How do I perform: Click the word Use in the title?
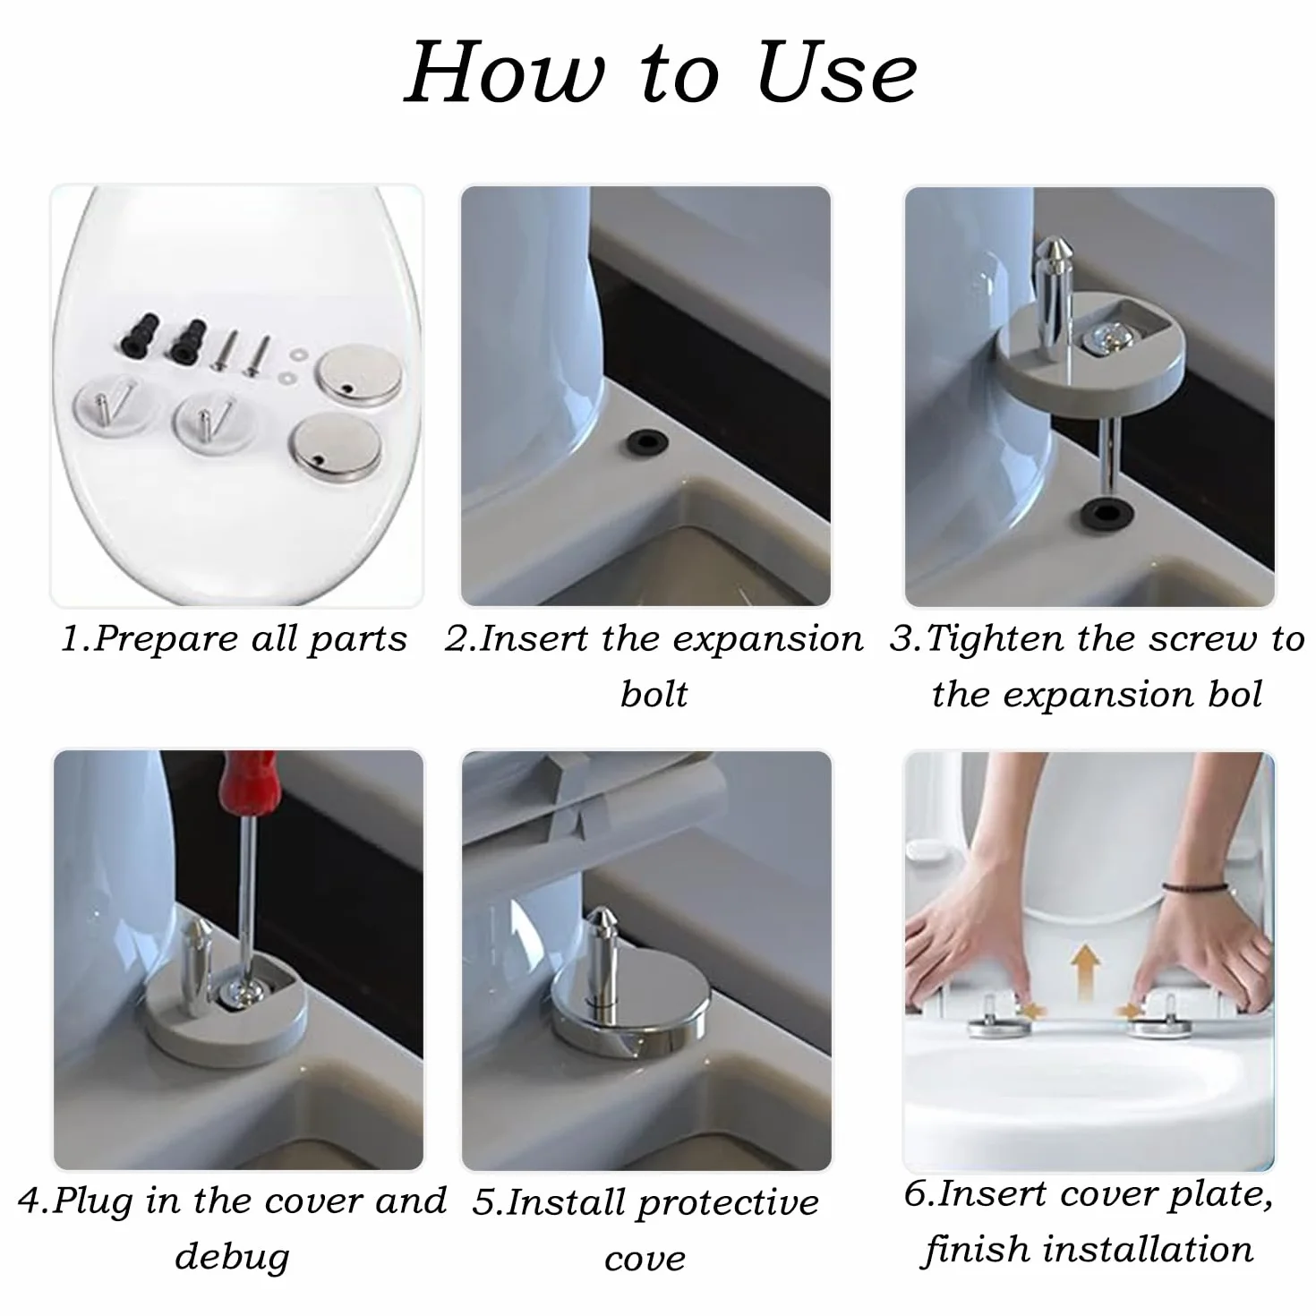tap(837, 73)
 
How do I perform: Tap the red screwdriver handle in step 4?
tap(247, 782)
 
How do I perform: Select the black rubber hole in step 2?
tap(646, 443)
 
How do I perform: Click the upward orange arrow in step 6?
tap(1085, 966)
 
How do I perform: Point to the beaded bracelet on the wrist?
tap(1194, 887)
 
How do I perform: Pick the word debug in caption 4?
tap(232, 1257)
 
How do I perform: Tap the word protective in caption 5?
tap(728, 1203)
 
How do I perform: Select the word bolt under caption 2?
tap(654, 695)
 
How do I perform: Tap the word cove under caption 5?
tap(645, 1260)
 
